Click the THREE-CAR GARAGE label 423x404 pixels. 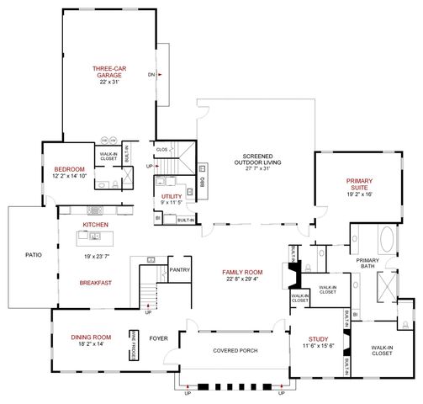108,72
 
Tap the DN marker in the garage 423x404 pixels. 152,74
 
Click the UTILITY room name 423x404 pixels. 172,194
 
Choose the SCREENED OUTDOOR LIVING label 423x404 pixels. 258,162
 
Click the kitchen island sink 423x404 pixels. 153,260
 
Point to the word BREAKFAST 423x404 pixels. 98,283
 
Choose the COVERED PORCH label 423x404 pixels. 235,350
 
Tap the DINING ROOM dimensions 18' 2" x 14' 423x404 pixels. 91,345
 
